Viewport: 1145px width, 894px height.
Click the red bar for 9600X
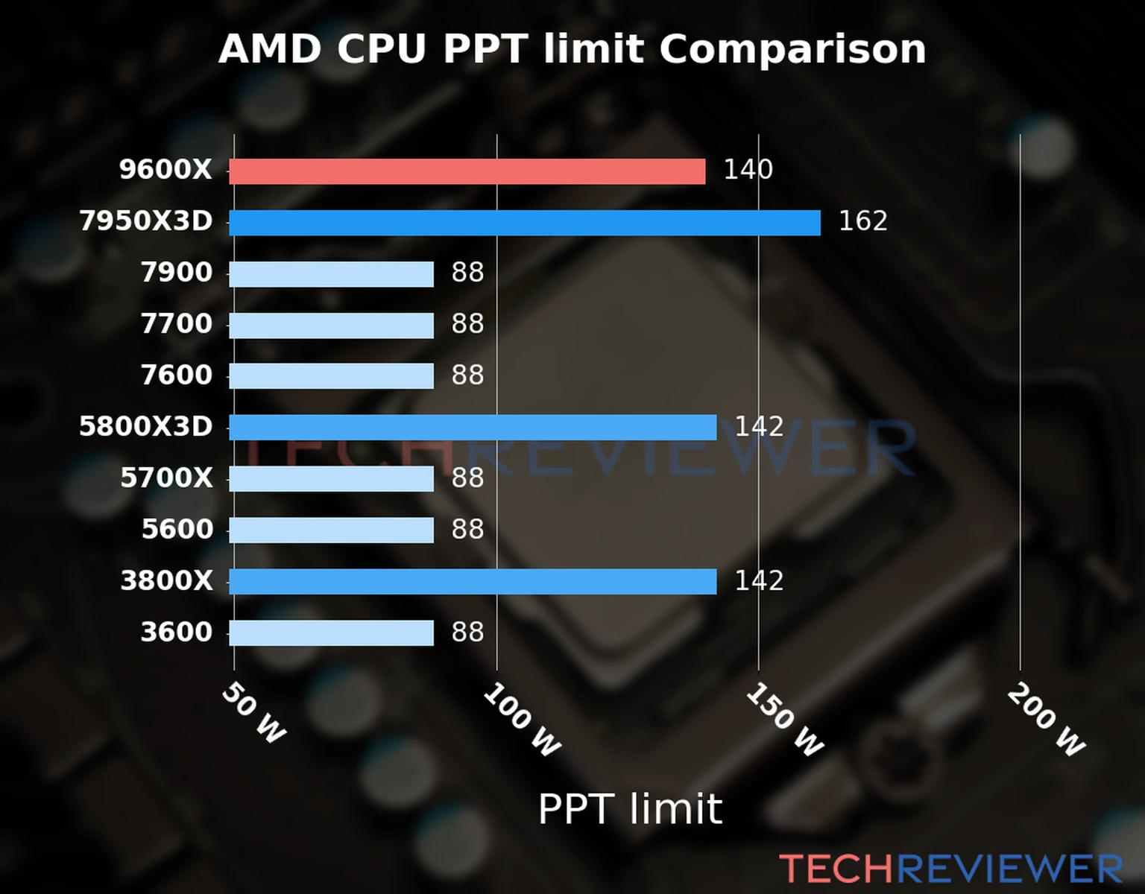(467, 171)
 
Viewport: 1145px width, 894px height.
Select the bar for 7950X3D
(524, 223)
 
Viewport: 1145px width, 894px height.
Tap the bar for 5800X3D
(473, 428)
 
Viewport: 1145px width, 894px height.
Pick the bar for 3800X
(473, 582)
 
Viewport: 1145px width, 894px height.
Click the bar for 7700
(331, 326)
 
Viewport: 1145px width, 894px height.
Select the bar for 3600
(331, 633)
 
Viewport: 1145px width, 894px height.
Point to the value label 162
(862, 221)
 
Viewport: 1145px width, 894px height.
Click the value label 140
(748, 170)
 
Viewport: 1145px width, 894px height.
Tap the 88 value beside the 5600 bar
(467, 530)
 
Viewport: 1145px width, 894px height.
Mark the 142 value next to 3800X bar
(759, 581)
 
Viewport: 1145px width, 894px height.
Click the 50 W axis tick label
(253, 713)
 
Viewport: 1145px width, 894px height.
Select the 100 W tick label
(521, 720)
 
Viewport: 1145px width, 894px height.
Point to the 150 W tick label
(784, 720)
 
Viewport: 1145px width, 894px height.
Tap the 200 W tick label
(1046, 720)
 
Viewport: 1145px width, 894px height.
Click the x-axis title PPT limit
(630, 809)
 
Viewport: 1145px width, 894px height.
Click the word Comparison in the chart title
(792, 50)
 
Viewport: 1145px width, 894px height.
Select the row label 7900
(177, 273)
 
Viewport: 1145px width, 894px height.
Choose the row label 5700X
(166, 478)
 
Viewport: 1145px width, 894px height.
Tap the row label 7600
(177, 375)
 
